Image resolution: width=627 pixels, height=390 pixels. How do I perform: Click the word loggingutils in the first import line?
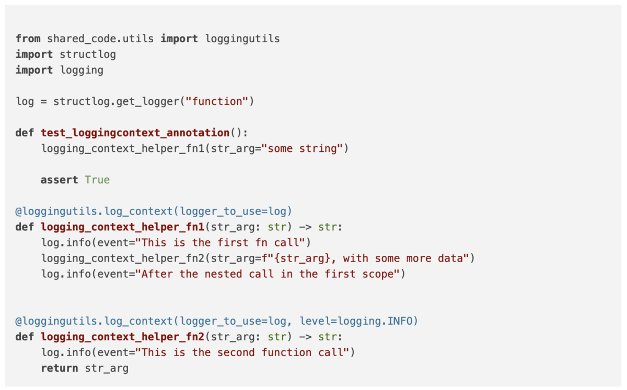point(242,39)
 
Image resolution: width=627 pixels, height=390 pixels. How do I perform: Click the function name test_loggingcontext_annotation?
point(135,133)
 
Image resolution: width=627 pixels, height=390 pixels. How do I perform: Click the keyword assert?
point(60,180)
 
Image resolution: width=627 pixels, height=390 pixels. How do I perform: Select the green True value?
point(97,180)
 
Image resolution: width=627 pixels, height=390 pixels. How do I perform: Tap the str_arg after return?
point(107,368)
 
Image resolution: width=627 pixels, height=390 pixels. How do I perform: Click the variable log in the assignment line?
point(25,101)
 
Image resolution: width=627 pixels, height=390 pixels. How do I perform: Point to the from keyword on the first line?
point(28,39)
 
